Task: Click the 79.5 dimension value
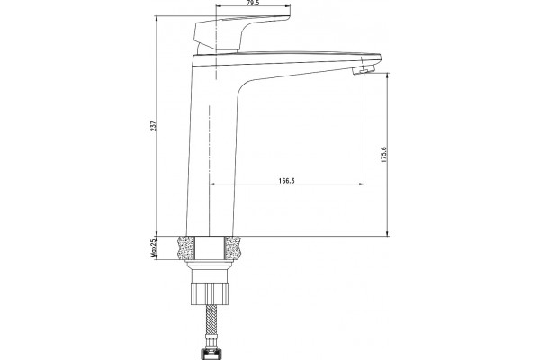click(x=253, y=3)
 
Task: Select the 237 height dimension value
click(x=154, y=126)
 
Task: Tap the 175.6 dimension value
click(x=384, y=155)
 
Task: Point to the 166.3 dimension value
click(x=286, y=181)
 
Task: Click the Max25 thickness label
click(x=154, y=248)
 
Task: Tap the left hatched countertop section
click(x=186, y=247)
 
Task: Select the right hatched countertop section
click(x=232, y=247)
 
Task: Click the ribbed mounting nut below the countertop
click(x=210, y=293)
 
